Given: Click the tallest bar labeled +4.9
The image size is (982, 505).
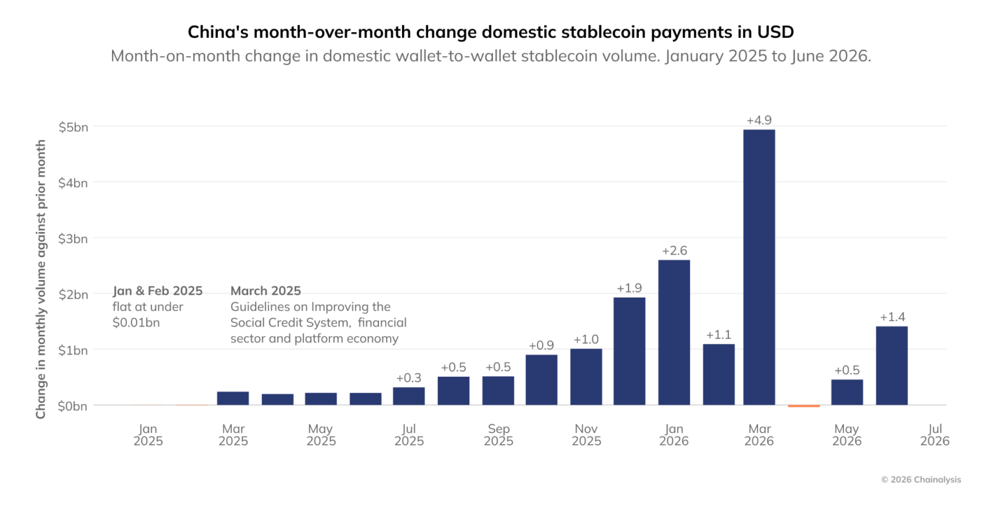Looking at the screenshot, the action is pos(759,267).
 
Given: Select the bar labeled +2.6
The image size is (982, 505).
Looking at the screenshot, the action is pos(674,332).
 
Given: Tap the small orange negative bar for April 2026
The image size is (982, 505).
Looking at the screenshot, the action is pos(803,406).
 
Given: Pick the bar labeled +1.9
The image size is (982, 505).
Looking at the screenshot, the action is pos(629,351).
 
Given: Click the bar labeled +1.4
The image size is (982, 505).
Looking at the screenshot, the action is pos(892,366).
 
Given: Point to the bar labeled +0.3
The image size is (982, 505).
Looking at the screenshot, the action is pos(409,396).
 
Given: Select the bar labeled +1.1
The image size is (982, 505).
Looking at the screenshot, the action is pos(719,374).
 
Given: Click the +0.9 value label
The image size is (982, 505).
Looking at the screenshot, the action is pos(541,345).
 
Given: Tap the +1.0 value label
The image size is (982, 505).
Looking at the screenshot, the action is pos(586,340).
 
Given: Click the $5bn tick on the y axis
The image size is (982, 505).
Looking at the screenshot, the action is pos(73,127).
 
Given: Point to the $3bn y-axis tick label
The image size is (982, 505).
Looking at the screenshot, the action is pos(73,239).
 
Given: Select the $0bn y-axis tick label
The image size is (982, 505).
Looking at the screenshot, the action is pos(73,406).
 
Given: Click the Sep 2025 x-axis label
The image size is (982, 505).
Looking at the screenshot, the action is pos(498,434).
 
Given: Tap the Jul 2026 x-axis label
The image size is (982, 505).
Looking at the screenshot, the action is pos(935,434).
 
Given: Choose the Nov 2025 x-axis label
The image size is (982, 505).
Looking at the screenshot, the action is pos(586,434).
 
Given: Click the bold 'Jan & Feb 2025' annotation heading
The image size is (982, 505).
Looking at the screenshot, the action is pos(157,291).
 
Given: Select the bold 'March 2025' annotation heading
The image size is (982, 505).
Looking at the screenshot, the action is pos(266,291).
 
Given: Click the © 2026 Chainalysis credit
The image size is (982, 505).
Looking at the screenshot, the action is pos(921,479).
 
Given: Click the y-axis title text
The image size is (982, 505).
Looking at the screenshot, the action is pos(41,279).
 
